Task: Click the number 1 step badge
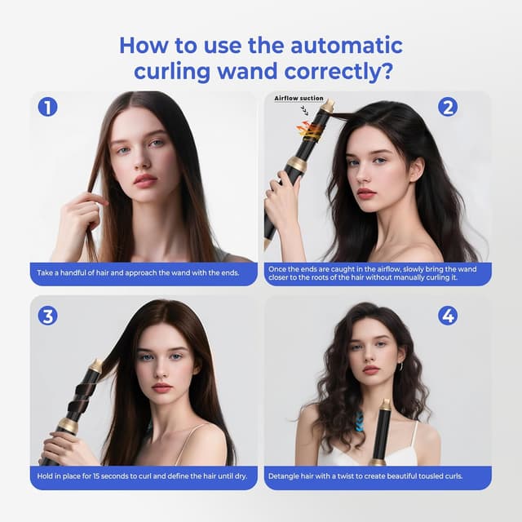(47, 107)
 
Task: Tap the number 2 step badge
(447, 107)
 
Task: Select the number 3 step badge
(47, 315)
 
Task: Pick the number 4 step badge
(447, 315)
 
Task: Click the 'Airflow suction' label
(299, 98)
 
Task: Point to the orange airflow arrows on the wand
(309, 128)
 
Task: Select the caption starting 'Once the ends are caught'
(377, 272)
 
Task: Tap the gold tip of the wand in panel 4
(385, 405)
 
